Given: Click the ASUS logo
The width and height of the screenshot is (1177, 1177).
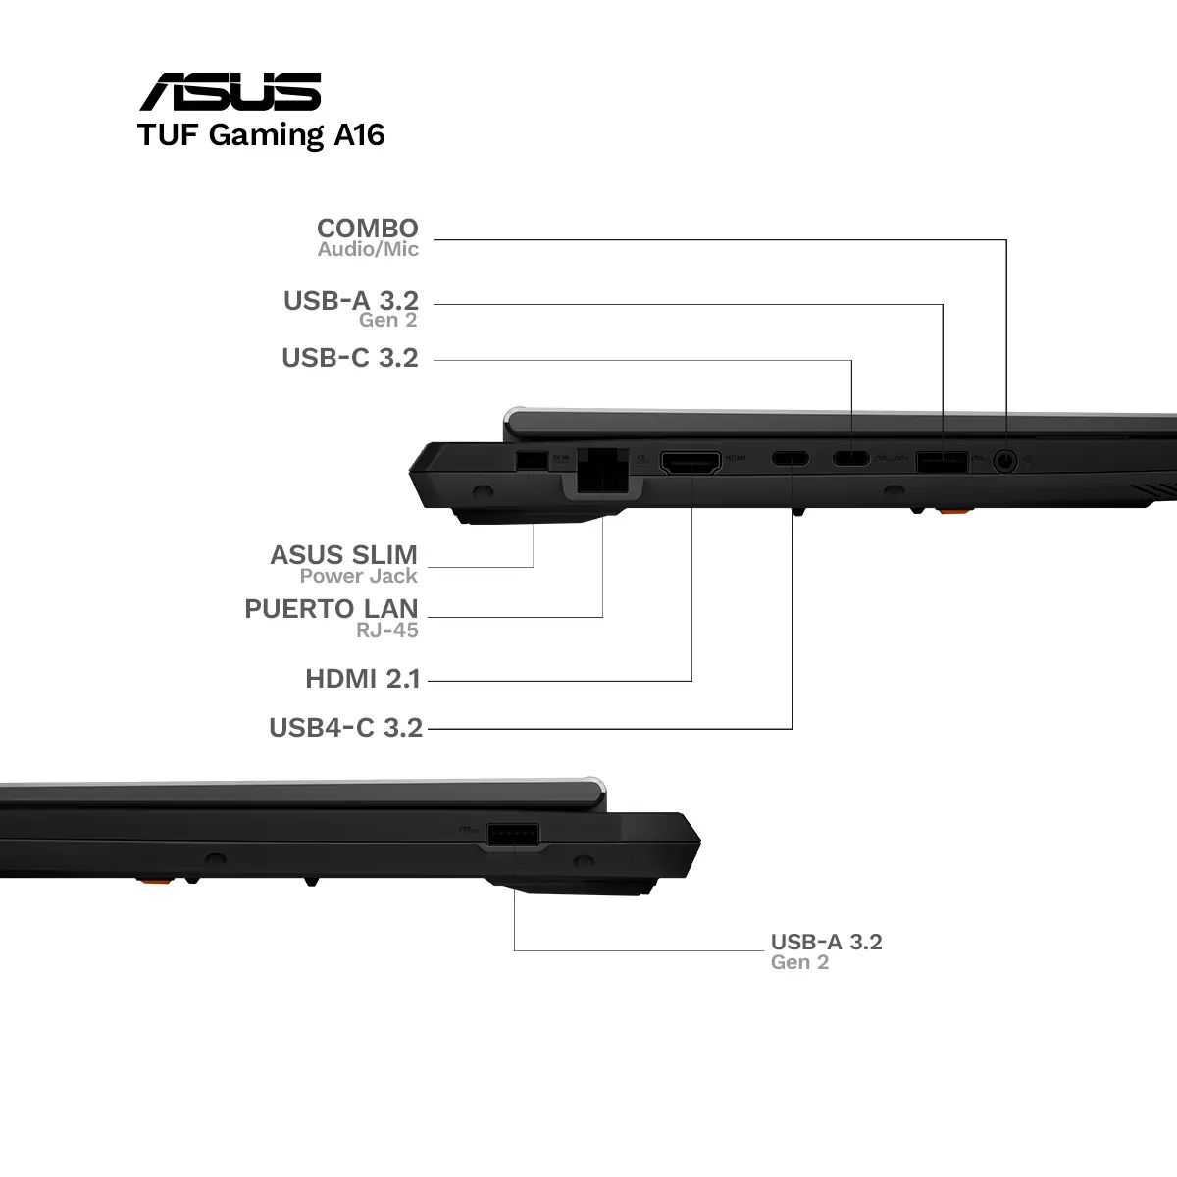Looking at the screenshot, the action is pos(230,91).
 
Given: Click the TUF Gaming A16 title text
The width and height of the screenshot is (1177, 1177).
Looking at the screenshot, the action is pos(261,135).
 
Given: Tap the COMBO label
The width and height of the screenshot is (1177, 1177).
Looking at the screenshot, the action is pos(368,229).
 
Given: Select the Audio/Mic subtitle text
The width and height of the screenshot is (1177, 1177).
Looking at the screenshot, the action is pos(368,249).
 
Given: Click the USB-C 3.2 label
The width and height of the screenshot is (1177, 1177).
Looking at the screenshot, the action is pos(350,358).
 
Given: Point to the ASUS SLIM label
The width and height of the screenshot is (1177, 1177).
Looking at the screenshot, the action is pos(344,555).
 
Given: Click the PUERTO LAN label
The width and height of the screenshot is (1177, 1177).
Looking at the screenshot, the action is pos(332,609).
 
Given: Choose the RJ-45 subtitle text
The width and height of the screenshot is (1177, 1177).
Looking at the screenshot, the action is pos(387,630).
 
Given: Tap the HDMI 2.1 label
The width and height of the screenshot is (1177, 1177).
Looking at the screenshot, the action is pos(363,679).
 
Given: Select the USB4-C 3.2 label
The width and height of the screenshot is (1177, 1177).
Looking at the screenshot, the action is pos(345,728).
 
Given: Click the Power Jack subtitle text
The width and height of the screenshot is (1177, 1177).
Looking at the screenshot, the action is pos(359,576).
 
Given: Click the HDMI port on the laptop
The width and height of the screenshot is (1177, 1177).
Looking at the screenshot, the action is pos(691,462).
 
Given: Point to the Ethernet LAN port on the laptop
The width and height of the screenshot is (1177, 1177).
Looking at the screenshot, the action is pos(602,470).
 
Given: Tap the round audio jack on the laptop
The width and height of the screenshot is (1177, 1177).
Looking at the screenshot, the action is pos(1005,461).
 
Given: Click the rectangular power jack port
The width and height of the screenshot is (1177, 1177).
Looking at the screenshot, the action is pos(532,461).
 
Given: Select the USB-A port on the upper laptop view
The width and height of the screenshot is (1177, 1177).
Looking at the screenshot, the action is pos(942,462).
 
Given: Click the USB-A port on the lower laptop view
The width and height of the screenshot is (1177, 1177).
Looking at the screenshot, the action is pos(513,835).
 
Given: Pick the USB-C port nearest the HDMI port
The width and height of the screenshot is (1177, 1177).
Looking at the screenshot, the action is pos(791,458).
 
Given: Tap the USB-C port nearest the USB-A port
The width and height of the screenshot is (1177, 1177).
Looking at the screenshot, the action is pos(850,458).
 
